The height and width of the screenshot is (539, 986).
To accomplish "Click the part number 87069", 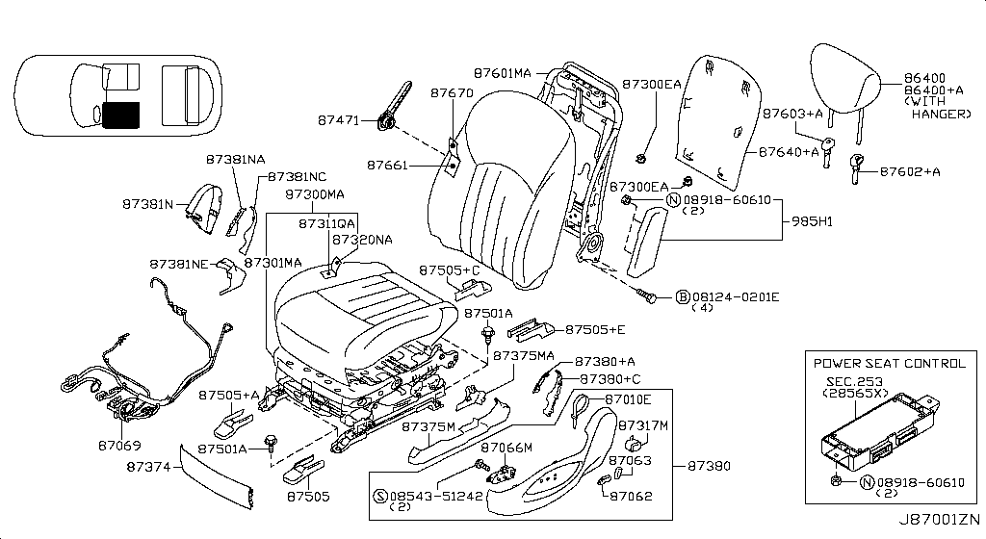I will pyautogui.click(x=119, y=446).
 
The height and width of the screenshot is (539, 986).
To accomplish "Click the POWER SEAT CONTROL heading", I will pyautogui.click(x=889, y=364).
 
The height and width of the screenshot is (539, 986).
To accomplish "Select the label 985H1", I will pyautogui.click(x=812, y=220).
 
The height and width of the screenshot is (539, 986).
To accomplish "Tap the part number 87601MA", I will pyautogui.click(x=503, y=73).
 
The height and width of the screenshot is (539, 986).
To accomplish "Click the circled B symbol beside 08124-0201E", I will pyautogui.click(x=681, y=295).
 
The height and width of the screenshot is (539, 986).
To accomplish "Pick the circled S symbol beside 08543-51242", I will pyautogui.click(x=378, y=496).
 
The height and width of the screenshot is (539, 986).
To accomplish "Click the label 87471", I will pyautogui.click(x=338, y=121).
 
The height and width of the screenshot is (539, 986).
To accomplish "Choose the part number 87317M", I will pyautogui.click(x=642, y=424).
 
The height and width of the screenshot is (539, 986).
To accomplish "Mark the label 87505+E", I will pyautogui.click(x=594, y=330).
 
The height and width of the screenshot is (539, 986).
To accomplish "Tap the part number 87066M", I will pyautogui.click(x=506, y=448).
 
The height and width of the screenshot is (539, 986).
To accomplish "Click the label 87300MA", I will pyautogui.click(x=314, y=194).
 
